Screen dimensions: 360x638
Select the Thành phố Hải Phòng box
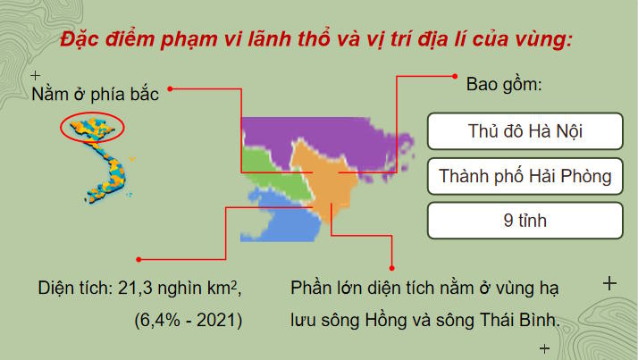pyautogui.click(x=525, y=176)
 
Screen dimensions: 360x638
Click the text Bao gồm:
pyautogui.click(x=504, y=87)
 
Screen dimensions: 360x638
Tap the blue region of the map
pyautogui.click(x=281, y=223)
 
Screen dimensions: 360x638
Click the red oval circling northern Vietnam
pyautogui.click(x=91, y=129)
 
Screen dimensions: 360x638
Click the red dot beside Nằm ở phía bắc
pyautogui.click(x=171, y=88)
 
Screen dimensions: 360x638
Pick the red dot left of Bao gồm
pyautogui.click(x=455, y=78)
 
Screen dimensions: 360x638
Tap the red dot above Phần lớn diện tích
pyautogui.click(x=392, y=265)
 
